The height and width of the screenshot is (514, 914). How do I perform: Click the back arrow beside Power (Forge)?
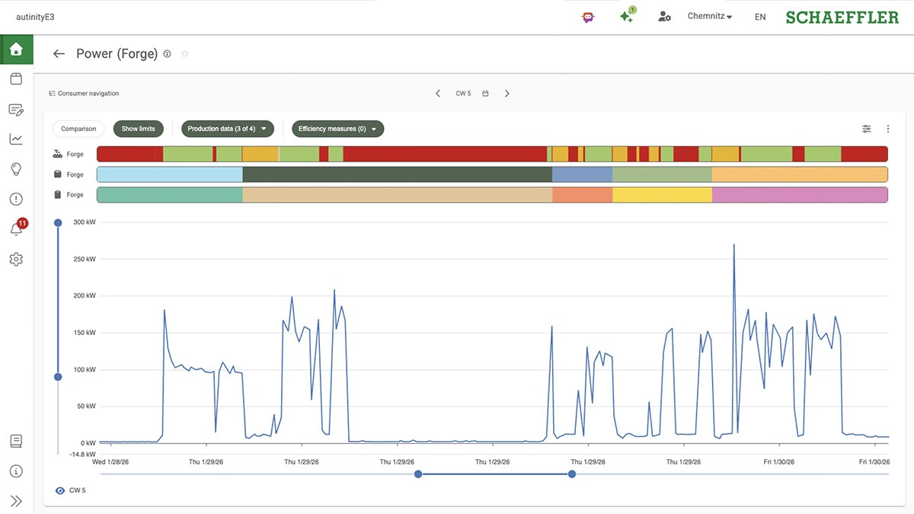[x=59, y=54]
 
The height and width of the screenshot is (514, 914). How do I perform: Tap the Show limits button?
[x=138, y=129]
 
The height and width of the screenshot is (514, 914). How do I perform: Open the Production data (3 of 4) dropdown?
[x=227, y=129]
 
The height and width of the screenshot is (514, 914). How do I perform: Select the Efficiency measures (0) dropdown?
[x=337, y=129]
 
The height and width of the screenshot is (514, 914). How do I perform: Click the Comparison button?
[x=78, y=129]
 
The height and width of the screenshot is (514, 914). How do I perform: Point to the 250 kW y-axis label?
[x=85, y=259]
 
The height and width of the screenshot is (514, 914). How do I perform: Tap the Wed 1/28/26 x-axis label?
[x=110, y=461]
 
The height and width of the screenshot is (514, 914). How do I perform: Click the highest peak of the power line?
[x=733, y=245]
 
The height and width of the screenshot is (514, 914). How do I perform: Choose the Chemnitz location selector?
[x=709, y=17]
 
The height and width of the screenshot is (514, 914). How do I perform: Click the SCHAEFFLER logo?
[x=842, y=17]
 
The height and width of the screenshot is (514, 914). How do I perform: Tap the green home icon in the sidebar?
[x=16, y=49]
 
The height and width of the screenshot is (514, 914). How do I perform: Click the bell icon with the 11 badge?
[x=16, y=229]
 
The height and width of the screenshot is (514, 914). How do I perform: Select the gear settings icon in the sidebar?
[x=16, y=260]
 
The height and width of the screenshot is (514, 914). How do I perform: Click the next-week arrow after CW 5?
[x=507, y=94]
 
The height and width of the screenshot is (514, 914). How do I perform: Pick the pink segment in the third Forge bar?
[x=800, y=195]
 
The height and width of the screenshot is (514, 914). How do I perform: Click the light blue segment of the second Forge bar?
[x=169, y=174]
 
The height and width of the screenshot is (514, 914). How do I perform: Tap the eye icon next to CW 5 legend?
[x=60, y=490]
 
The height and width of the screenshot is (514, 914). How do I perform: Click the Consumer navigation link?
[x=84, y=94]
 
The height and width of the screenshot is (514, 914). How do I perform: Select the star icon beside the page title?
[x=185, y=54]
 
